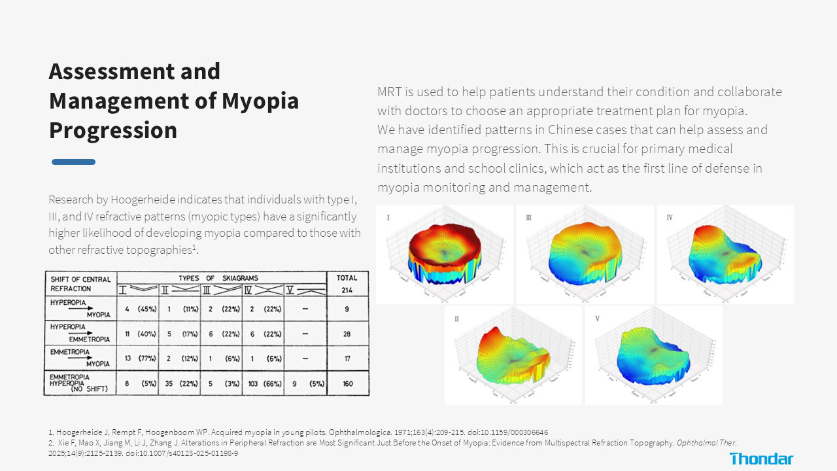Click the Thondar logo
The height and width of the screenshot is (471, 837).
(761, 459)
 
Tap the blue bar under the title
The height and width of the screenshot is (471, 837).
(73, 162)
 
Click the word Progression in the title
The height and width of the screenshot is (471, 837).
(113, 130)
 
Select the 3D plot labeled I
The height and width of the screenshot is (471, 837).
(445, 254)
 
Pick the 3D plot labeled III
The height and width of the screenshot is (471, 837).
(585, 254)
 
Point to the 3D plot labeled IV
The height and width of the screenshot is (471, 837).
(725, 254)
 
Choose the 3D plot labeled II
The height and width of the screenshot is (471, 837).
(513, 355)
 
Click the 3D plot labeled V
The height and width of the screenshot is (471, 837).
(653, 355)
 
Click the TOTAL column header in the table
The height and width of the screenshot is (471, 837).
(347, 278)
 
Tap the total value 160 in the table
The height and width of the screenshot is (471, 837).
(347, 384)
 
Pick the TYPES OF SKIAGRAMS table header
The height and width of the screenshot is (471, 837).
(218, 278)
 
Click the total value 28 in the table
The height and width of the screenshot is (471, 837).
(347, 334)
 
